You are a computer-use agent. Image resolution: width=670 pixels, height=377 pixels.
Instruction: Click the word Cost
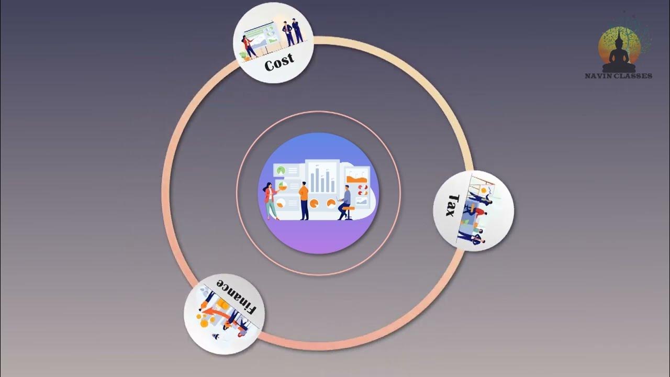280,63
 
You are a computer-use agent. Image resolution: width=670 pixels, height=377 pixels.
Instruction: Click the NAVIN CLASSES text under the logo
618,76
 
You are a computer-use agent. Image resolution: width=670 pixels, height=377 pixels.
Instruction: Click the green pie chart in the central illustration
281,170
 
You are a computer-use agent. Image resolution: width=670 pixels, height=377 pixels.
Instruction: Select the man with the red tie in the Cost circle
288,31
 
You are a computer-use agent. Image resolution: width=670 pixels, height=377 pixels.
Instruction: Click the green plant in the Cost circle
243,54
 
